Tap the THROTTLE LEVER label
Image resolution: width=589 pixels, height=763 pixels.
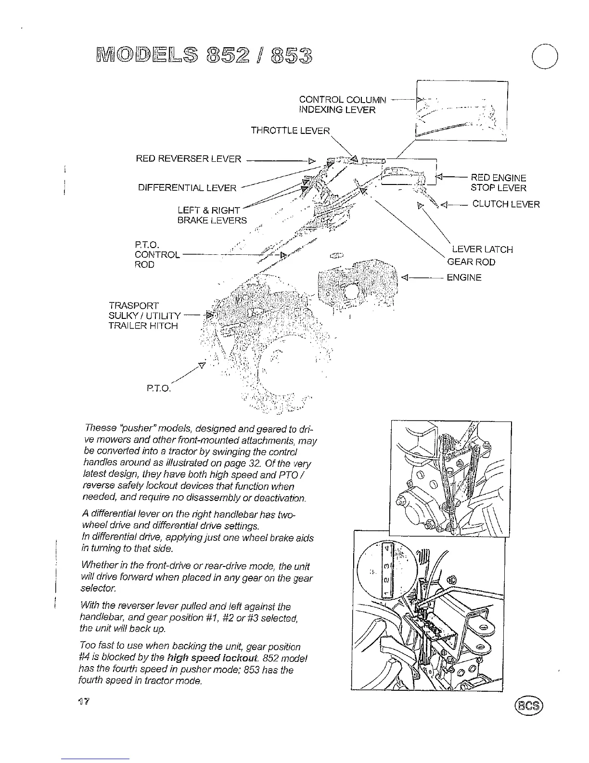[x=290, y=131]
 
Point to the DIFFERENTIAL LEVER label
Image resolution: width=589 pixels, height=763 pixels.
[x=187, y=188]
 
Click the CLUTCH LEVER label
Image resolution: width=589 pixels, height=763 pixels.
[x=506, y=204]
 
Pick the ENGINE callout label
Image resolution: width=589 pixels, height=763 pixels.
[x=464, y=277]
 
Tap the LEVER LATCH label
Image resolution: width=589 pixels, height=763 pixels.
[x=482, y=250]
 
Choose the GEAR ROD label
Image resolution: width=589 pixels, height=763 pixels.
[x=471, y=262]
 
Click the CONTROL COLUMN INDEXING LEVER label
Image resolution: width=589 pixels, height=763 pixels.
[x=342, y=105]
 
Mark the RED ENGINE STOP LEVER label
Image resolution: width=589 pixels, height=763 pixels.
[x=498, y=183]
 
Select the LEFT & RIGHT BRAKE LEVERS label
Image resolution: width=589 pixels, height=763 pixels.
[x=212, y=215]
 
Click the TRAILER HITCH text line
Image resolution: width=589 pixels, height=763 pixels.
[x=143, y=326]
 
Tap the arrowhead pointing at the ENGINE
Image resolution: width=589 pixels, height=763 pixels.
[x=405, y=277]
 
